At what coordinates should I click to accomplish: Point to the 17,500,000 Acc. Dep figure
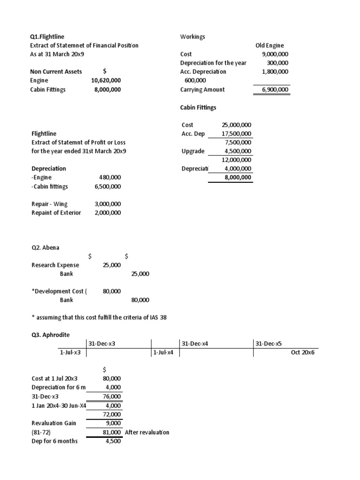236,134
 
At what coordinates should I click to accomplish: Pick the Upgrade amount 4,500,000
238,151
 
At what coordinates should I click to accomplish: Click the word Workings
193,37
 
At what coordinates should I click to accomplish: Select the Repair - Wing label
49,204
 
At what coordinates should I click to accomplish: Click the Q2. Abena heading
45,247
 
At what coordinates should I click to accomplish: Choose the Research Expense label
55,265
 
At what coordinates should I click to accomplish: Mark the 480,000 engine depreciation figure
110,178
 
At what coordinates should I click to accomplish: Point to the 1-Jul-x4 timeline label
163,352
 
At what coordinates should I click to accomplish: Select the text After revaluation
147,432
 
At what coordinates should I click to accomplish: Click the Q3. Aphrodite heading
50,335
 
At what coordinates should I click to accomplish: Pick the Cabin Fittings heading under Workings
198,107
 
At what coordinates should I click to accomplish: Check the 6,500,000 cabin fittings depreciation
107,187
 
